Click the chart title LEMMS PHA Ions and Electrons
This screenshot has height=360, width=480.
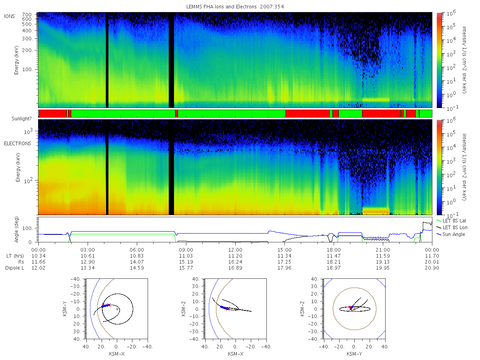[221, 7]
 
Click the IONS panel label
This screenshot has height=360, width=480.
[10, 16]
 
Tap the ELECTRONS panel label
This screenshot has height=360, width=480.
[18, 143]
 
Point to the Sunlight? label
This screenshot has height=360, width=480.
[22, 119]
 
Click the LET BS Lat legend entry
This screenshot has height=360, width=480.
[454, 221]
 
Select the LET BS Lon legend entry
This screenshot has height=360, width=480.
[455, 228]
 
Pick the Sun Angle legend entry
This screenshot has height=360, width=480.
[454, 234]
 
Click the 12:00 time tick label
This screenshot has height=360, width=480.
[235, 250]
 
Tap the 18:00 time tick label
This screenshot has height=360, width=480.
[334, 250]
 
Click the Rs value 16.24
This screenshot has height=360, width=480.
[235, 262]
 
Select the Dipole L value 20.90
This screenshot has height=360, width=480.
[432, 268]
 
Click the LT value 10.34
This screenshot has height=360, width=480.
[38, 256]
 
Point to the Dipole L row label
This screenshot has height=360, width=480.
[15, 268]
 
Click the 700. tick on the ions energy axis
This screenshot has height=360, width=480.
[27, 14]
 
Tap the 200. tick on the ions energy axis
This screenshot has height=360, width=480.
[27, 50]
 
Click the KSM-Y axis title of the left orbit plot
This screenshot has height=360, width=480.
[65, 309]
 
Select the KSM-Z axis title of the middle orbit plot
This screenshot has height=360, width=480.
[184, 309]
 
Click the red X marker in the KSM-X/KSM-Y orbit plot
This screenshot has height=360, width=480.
[109, 305]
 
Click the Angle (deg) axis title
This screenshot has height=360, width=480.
[16, 230]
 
